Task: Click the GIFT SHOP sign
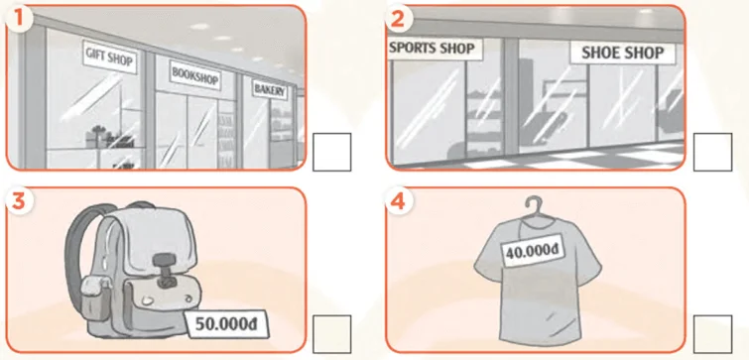click(109, 57)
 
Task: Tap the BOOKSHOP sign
click(194, 75)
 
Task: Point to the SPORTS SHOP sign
click(434, 49)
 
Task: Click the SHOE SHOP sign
click(623, 53)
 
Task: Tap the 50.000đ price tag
click(226, 323)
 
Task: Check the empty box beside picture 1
click(332, 153)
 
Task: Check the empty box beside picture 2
click(712, 153)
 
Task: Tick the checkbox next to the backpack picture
click(332, 334)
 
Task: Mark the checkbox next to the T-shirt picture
click(712, 334)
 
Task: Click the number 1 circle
click(18, 19)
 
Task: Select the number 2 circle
click(399, 19)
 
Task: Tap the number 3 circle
click(18, 201)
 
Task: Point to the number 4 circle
click(399, 201)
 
